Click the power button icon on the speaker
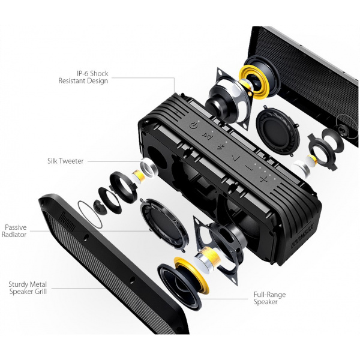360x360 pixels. point(194,125)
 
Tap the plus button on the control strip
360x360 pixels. point(264,179)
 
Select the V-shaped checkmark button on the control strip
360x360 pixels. point(236,158)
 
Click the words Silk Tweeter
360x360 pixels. point(65,161)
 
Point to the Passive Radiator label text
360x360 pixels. point(14,231)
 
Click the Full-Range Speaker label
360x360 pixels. point(269,298)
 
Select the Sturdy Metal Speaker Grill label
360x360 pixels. point(28,288)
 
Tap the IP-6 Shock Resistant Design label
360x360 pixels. point(83,77)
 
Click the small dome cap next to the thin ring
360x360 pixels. point(100,206)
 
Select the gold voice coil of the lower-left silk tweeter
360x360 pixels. point(139,176)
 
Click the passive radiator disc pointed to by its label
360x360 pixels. point(164,224)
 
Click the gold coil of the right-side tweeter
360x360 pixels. point(313,160)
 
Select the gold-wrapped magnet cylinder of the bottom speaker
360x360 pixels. point(208,257)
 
